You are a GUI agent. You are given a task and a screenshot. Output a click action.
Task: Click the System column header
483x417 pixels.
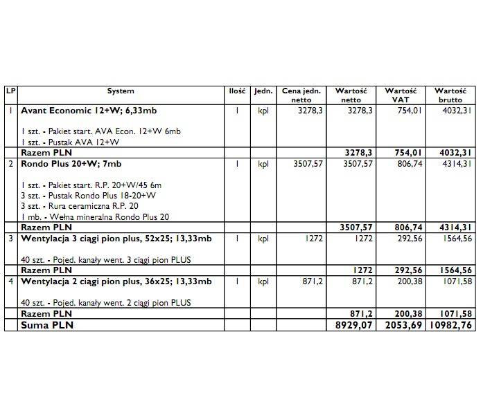[121, 91]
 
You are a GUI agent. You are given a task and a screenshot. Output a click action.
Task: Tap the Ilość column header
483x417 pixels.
[236, 91]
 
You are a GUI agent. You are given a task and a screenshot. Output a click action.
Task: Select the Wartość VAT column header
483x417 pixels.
[400, 95]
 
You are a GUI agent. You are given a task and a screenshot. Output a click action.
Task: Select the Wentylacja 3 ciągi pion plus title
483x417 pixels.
[116, 239]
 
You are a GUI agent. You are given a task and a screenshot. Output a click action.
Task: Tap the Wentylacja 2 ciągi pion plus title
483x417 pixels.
[116, 281]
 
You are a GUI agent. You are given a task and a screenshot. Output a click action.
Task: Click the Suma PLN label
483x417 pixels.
[47, 324]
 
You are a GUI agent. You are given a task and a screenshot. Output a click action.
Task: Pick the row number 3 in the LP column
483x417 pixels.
[10, 239]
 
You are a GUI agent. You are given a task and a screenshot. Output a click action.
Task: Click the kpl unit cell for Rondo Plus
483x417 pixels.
[263, 164]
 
